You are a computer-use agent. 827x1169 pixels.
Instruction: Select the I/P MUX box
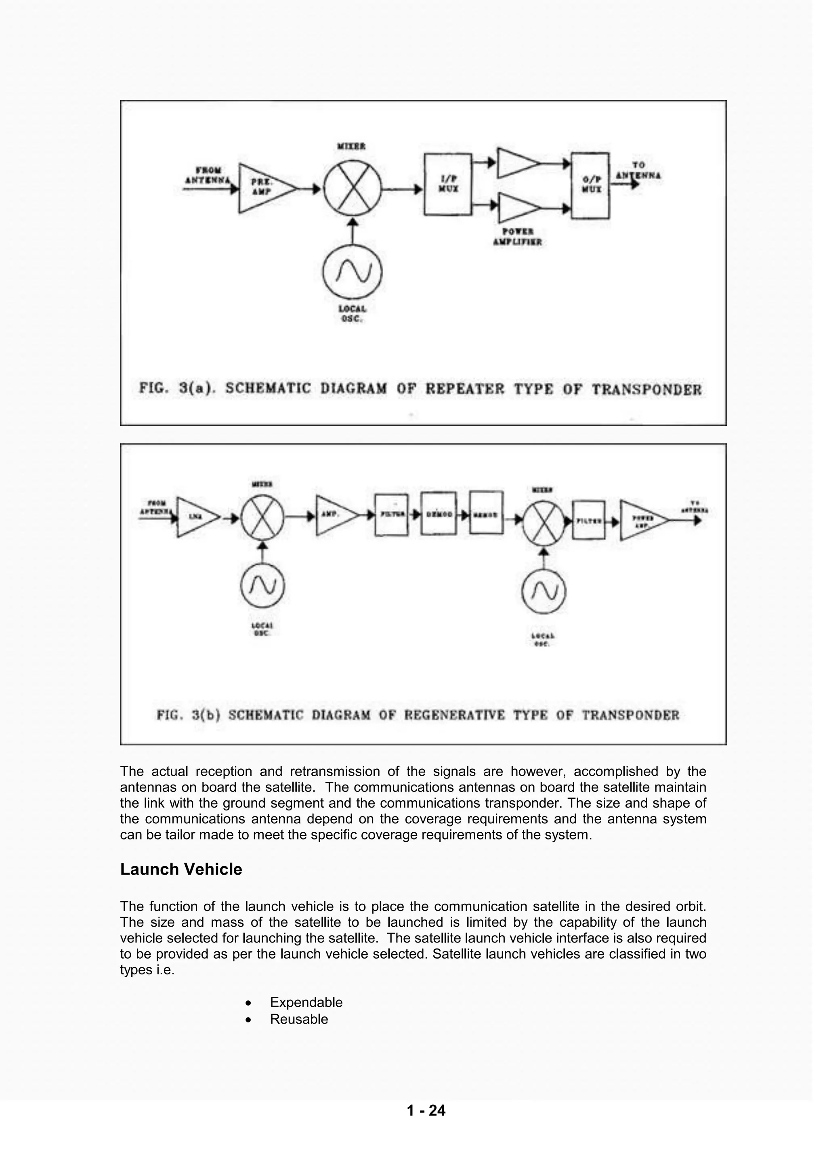[x=448, y=184]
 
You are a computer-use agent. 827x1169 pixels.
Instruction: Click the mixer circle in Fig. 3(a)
[x=353, y=189]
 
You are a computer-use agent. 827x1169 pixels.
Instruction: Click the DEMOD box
[x=439, y=514]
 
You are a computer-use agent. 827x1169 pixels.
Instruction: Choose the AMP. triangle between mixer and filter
[x=334, y=515]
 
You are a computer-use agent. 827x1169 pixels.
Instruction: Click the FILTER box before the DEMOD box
[x=392, y=515]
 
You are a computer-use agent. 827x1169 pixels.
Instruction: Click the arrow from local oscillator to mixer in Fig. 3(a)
[x=353, y=234]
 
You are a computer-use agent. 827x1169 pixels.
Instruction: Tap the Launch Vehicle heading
[x=181, y=869]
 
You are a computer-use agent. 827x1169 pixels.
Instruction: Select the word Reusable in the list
[x=299, y=1019]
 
